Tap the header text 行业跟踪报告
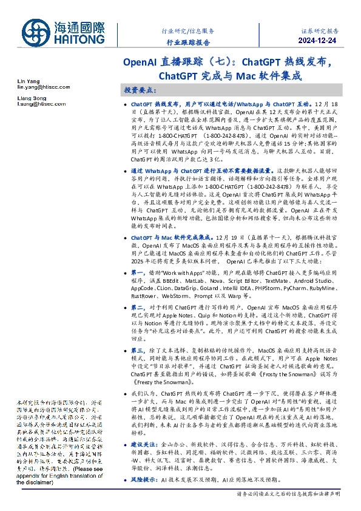point(189,42)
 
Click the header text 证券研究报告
point(320,30)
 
